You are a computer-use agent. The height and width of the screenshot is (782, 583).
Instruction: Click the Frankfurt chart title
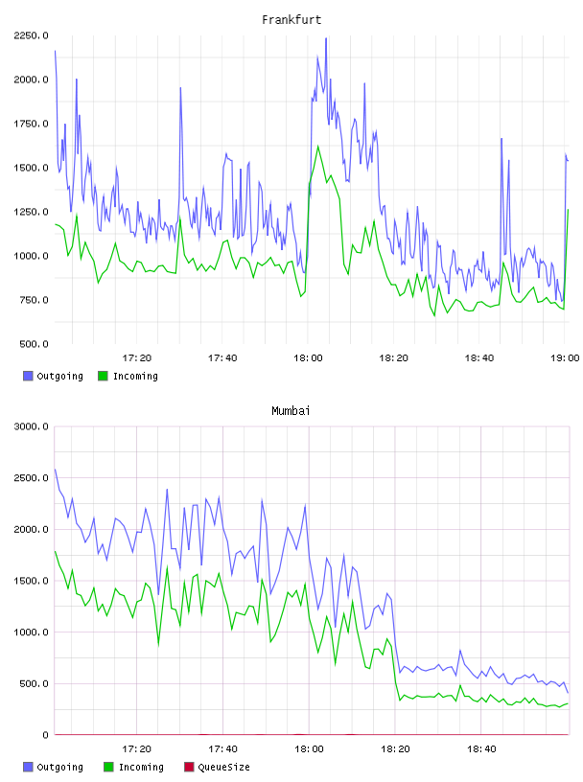pos(291,20)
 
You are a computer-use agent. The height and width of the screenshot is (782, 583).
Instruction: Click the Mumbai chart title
pos(291,411)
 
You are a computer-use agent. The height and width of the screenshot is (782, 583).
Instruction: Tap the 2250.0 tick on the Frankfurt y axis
pos(31,35)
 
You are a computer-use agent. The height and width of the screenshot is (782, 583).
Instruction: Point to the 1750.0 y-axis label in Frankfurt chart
pos(31,124)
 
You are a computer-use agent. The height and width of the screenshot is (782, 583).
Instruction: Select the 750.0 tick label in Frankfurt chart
pos(34,300)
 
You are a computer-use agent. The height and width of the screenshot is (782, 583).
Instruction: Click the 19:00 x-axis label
pos(565,358)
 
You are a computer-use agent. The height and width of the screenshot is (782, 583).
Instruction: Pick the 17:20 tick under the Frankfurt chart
pos(137,358)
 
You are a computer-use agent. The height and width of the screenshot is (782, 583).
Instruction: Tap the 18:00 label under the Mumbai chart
pos(309,749)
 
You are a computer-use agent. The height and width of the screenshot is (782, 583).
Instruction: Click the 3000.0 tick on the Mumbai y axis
pos(31,426)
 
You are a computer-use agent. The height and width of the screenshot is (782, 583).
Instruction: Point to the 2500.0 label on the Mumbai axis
pos(31,478)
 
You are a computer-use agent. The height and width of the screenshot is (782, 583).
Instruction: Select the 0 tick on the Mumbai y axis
pos(45,735)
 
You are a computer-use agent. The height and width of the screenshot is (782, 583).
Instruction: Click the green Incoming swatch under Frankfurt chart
pos(103,376)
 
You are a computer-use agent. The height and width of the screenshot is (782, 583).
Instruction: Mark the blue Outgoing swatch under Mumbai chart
pos(28,767)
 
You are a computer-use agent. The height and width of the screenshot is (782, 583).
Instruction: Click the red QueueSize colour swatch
pos(189,767)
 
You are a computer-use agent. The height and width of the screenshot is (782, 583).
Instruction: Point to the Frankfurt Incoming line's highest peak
pos(318,146)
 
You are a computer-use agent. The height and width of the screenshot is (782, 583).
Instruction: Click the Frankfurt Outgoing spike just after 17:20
pos(180,88)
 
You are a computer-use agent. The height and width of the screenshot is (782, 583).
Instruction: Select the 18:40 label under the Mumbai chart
pos(481,749)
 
